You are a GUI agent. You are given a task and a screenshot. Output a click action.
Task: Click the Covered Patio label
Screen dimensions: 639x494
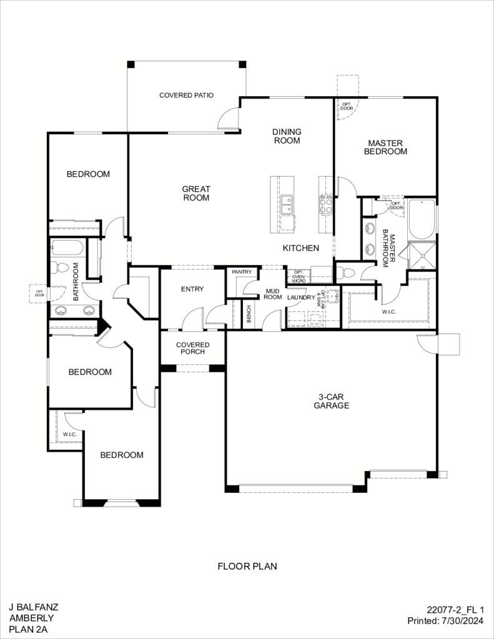(186, 95)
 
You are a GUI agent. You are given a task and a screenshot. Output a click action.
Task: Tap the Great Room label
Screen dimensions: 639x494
(195, 193)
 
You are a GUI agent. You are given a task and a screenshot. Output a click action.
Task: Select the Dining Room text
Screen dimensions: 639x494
(287, 136)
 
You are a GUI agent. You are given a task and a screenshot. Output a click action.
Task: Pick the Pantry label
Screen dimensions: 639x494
(241, 272)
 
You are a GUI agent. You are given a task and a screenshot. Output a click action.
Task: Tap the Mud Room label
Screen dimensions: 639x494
(273, 294)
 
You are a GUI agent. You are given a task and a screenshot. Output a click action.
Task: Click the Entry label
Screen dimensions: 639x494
(192, 289)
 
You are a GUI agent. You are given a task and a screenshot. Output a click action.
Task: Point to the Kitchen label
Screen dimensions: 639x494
(301, 248)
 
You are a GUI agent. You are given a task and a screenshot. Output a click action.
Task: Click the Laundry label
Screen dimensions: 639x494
(302, 298)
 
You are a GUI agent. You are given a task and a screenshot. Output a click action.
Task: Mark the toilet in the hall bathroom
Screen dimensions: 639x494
(61, 268)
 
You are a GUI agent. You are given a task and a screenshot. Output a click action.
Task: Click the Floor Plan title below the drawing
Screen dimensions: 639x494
(247, 567)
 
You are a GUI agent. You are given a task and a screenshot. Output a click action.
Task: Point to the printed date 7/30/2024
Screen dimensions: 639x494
(464, 621)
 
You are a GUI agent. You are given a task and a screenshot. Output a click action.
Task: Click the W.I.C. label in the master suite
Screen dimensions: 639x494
(388, 311)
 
